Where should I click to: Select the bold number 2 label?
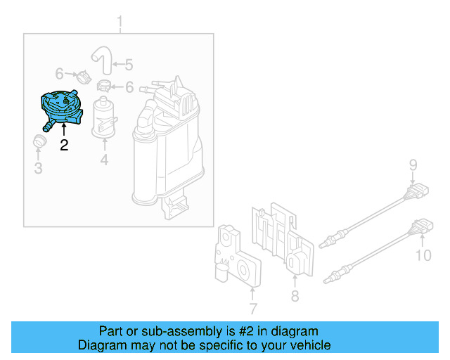coord(64,146)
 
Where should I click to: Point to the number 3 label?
coord(39,168)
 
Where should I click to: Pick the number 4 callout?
coord(104,160)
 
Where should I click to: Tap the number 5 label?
coord(128,65)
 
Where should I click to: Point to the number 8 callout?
coord(295,296)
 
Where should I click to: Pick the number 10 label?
coord(423,255)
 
